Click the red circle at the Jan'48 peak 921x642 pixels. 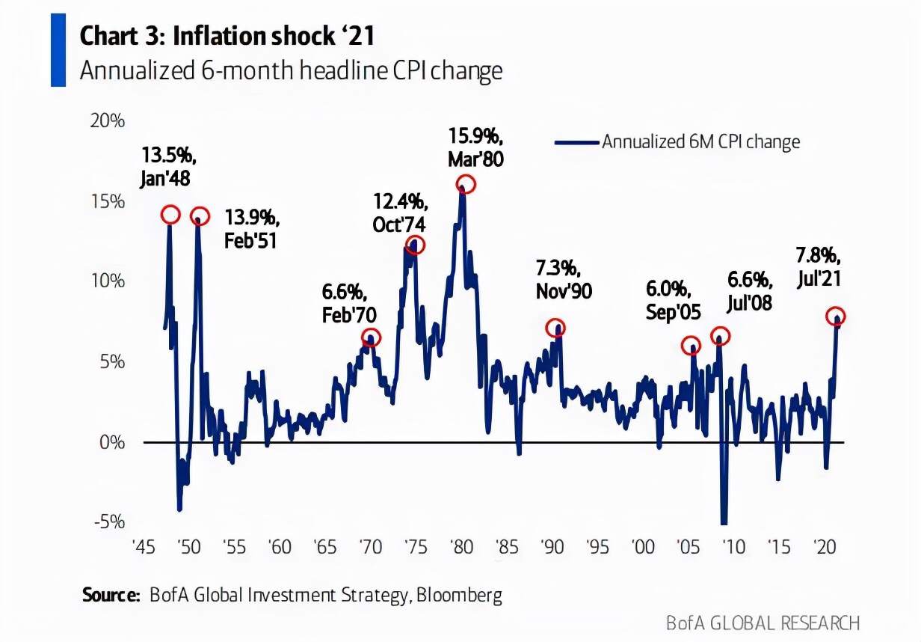point(170,215)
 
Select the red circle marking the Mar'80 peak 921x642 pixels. point(466,184)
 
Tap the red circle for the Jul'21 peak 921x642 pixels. point(836,316)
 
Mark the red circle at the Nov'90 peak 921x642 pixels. point(555,328)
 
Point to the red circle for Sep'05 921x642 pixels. point(691,346)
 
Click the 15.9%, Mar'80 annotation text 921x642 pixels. point(476,148)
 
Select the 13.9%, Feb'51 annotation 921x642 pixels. point(251,230)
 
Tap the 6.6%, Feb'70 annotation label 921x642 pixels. point(350,303)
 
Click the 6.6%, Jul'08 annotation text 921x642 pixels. point(750,291)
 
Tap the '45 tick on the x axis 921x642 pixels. point(144,547)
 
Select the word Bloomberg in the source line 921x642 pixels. point(459,596)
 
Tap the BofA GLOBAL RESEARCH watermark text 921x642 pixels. point(763,623)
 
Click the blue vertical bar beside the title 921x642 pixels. point(58,49)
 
